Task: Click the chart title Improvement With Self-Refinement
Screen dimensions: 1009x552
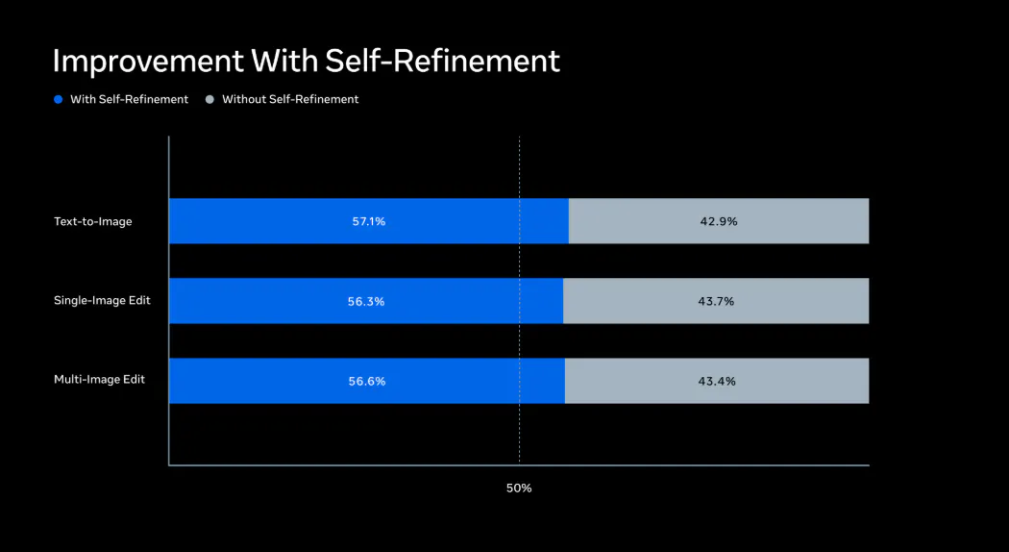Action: [x=307, y=62]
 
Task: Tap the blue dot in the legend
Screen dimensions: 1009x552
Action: [x=59, y=99]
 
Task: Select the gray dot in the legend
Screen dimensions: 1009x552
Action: [x=209, y=99]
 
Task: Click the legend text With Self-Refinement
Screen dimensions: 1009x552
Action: [x=130, y=99]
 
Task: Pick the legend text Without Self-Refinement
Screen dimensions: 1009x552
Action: [x=290, y=99]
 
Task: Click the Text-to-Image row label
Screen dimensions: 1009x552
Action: [x=92, y=221]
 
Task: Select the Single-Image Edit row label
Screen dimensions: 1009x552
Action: [x=102, y=300]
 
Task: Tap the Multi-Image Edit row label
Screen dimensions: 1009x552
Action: [x=99, y=379]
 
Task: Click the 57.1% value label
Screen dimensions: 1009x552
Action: [x=369, y=221]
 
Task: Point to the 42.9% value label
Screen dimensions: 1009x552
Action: [x=719, y=221]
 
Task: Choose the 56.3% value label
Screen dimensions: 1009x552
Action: [x=366, y=301]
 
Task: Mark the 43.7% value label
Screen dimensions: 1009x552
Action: [x=716, y=301]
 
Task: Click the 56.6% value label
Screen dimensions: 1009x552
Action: [x=367, y=382]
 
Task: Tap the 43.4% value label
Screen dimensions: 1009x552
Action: [x=717, y=382]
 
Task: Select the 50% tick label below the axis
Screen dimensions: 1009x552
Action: [x=519, y=489]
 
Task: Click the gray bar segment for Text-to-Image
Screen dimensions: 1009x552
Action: [x=719, y=221]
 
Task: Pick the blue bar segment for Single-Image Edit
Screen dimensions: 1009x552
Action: [x=366, y=301]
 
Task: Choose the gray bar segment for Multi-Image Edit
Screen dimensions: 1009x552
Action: [x=717, y=381]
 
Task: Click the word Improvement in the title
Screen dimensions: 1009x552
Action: [x=148, y=62]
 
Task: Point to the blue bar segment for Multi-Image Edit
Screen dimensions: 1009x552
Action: [x=367, y=381]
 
